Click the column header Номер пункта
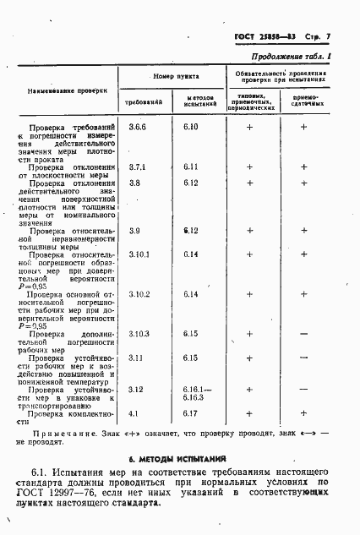tap(175, 77)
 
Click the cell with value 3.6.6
tap(137, 127)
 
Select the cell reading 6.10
tap(191, 127)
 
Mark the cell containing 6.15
tap(190, 335)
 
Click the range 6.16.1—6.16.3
tap(192, 394)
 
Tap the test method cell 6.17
tap(190, 414)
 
